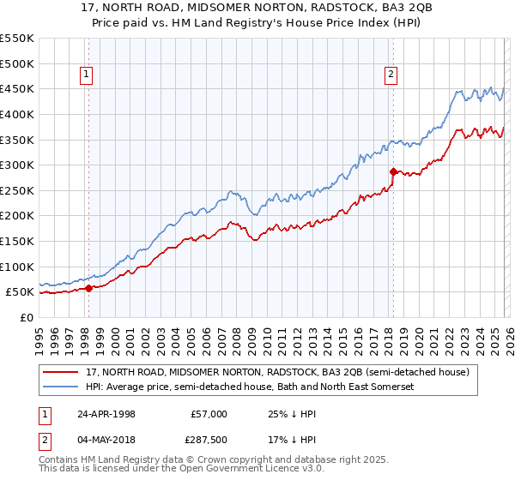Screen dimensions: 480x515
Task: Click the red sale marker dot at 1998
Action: click(x=88, y=288)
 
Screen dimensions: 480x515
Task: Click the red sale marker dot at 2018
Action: click(x=392, y=171)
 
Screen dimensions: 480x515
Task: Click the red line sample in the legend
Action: click(x=62, y=373)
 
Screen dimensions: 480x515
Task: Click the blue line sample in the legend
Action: click(x=62, y=387)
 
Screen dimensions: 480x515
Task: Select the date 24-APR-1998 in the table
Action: click(x=106, y=413)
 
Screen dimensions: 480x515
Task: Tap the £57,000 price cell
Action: click(x=209, y=413)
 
